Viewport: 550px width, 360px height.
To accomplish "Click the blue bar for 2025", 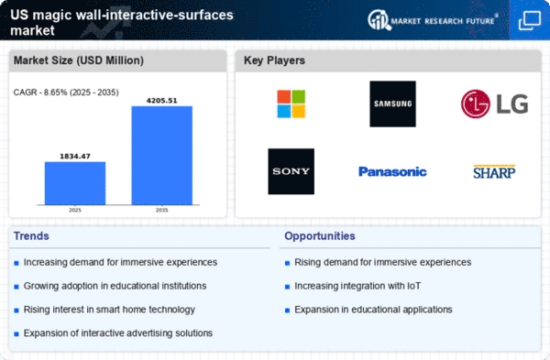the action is (x=75, y=183).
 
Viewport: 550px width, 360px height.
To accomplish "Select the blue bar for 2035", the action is (x=162, y=156).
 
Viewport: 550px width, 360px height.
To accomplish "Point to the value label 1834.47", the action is (x=75, y=157).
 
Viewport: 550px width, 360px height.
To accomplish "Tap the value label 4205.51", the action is (x=161, y=101).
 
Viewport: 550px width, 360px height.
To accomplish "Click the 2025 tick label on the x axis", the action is (x=75, y=211).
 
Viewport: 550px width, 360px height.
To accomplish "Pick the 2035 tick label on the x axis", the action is (x=161, y=211).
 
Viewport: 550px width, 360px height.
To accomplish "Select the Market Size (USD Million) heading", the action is (x=79, y=60).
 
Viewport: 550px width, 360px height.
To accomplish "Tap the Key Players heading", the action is (x=274, y=60).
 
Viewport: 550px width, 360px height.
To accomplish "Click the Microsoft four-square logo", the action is (x=291, y=104).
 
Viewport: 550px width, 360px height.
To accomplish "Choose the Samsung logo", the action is (x=393, y=104).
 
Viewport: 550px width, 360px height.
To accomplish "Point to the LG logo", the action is (x=495, y=104).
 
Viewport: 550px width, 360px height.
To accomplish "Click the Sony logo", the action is (x=291, y=171).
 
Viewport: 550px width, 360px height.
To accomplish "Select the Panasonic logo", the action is (x=392, y=172).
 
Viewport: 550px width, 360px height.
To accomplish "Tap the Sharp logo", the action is (x=494, y=172).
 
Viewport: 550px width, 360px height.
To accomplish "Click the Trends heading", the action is (x=31, y=236).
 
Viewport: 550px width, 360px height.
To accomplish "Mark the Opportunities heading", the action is (x=320, y=236).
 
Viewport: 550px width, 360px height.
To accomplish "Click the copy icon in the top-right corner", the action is (x=530, y=20).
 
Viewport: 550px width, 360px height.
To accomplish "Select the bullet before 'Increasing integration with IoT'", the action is (x=287, y=287).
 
